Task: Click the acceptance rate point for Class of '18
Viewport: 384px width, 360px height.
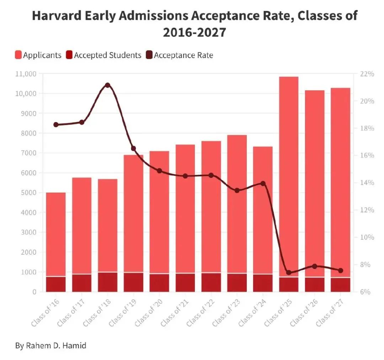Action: point(108,85)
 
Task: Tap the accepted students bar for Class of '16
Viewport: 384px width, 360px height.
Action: point(56,284)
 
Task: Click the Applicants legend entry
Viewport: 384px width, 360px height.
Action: point(38,55)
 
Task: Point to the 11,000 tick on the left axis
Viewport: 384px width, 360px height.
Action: point(26,74)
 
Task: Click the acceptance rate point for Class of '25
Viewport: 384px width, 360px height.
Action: point(289,272)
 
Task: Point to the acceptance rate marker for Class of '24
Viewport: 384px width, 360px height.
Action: point(263,184)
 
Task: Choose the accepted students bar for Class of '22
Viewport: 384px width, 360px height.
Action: point(211,282)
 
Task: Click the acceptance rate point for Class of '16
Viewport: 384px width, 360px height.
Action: point(56,125)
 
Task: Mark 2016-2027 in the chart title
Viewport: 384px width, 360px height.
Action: point(194,33)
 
